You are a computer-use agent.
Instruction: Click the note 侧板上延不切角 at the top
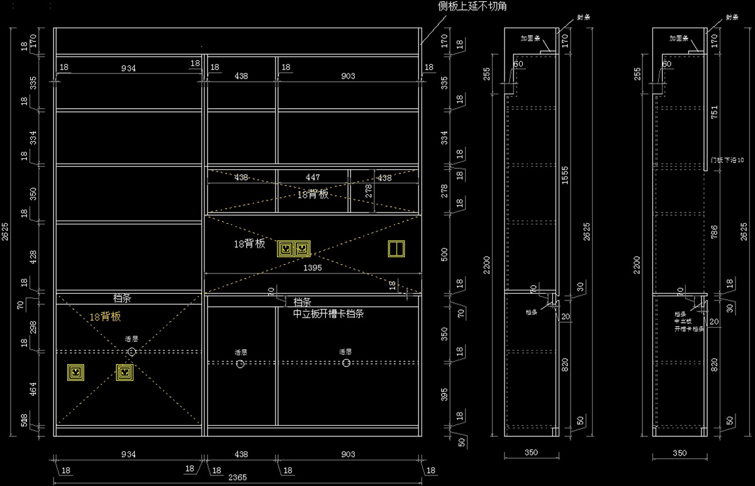[473, 6]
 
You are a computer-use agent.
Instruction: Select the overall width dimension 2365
[237, 478]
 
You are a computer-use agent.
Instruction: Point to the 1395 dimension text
[313, 268]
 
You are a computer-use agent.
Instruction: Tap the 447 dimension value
[313, 178]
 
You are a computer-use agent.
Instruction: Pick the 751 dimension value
[713, 113]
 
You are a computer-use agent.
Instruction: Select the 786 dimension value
[713, 234]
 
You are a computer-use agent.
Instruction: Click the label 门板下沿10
[726, 161]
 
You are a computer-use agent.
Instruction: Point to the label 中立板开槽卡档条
[328, 314]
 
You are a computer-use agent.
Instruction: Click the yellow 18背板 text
[104, 317]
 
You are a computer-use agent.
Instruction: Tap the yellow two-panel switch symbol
[396, 248]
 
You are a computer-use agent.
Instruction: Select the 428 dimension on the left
[33, 257]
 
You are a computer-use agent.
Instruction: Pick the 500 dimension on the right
[445, 255]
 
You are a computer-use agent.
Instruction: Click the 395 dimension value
[445, 395]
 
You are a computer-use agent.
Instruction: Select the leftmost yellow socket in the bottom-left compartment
[75, 373]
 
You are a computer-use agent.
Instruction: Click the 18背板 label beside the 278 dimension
[313, 194]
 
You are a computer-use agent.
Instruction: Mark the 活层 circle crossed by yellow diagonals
[131, 352]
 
